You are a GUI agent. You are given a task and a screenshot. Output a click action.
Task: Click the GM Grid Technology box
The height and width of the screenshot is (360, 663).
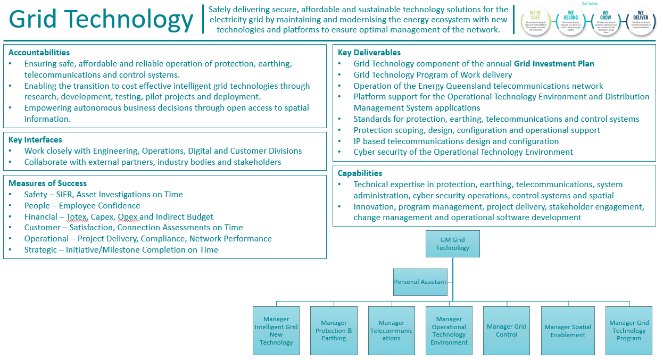coord(452,244)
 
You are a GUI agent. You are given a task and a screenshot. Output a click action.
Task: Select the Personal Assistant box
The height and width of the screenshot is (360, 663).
coord(420,282)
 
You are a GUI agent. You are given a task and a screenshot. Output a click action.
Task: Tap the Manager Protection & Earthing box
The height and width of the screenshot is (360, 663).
coord(334,330)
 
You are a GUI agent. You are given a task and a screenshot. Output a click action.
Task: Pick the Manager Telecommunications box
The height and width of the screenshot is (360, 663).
coord(391,330)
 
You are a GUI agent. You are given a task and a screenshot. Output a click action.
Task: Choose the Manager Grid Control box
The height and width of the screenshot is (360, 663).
coord(506,330)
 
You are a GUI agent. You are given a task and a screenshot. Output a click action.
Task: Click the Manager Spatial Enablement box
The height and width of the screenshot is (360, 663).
coord(568,330)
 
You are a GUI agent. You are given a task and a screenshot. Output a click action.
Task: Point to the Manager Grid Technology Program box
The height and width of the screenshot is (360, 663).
coord(628,330)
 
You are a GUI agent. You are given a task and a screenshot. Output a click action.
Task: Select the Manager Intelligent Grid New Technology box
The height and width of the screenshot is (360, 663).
coord(276,330)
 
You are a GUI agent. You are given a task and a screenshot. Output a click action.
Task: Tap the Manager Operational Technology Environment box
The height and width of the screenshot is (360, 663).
coord(449,330)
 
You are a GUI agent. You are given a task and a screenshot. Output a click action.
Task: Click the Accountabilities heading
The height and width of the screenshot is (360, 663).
coord(39,53)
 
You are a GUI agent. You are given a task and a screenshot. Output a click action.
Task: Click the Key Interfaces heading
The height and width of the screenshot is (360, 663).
coord(35,140)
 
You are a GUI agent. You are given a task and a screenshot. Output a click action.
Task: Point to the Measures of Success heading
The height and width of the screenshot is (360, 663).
coord(47,183)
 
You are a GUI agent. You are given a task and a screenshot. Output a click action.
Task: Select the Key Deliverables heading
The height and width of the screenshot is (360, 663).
coord(369,53)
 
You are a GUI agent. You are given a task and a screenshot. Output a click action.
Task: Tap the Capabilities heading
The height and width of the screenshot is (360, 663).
coord(360,173)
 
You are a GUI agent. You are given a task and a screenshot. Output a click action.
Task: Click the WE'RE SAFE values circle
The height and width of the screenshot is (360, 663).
coord(535,21)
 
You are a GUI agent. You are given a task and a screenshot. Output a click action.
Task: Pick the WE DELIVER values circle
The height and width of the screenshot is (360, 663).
coord(641,21)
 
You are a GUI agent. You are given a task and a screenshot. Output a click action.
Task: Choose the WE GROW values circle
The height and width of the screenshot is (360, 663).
coord(606,21)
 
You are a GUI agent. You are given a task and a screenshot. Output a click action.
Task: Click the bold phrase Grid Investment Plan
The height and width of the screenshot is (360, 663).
coord(554,64)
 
